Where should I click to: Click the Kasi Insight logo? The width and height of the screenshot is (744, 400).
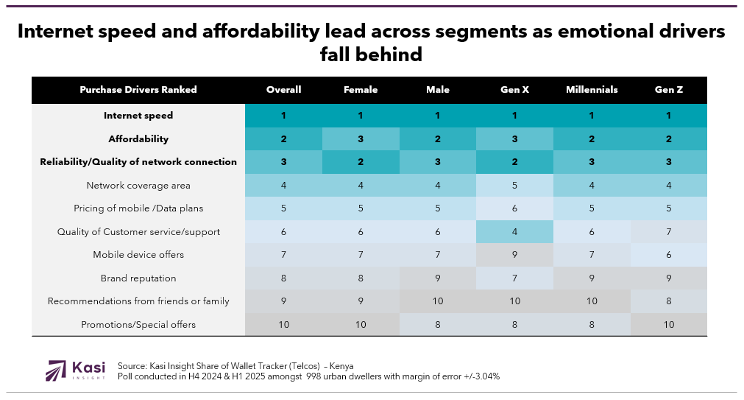click(x=76, y=370)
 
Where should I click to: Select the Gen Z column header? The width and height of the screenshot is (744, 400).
click(x=669, y=90)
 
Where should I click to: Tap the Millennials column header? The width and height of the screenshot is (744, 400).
click(x=592, y=90)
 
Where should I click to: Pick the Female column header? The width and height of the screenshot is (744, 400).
click(x=361, y=90)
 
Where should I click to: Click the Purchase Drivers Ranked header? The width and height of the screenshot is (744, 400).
click(x=138, y=90)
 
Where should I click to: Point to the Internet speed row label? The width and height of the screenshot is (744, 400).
click(x=138, y=116)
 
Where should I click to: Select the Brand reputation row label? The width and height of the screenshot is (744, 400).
click(x=138, y=278)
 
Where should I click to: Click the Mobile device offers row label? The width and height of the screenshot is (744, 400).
click(x=138, y=255)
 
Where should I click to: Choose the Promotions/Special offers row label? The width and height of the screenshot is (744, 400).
click(x=138, y=324)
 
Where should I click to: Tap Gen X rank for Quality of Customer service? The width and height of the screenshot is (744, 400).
click(x=515, y=232)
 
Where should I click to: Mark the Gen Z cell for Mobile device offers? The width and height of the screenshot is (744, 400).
click(x=669, y=255)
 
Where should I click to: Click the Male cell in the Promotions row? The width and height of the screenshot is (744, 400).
click(x=438, y=324)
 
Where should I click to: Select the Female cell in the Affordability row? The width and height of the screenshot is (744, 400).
click(x=361, y=138)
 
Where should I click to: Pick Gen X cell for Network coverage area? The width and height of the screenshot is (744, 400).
click(x=515, y=186)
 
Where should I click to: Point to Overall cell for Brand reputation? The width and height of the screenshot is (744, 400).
click(x=283, y=278)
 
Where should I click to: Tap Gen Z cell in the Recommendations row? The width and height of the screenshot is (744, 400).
click(x=669, y=301)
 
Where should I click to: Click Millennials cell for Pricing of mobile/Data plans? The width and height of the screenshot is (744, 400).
click(x=592, y=208)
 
